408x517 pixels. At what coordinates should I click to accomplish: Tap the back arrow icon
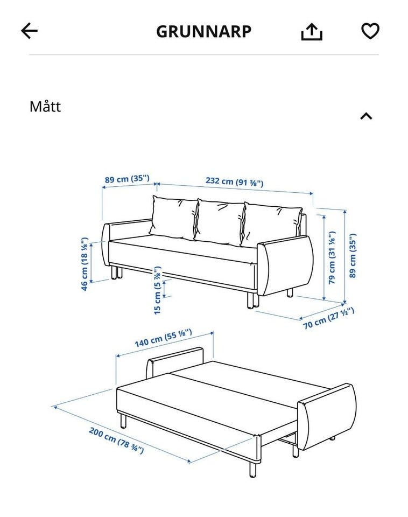click(29, 31)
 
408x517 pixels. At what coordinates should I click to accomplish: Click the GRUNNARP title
click(203, 32)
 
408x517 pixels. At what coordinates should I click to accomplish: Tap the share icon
click(312, 32)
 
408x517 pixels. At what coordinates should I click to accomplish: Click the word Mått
click(45, 106)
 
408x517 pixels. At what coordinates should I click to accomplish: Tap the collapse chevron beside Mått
click(366, 116)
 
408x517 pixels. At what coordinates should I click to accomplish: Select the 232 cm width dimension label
click(234, 181)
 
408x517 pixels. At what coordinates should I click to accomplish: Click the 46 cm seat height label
click(85, 264)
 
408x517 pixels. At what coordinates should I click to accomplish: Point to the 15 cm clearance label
click(158, 290)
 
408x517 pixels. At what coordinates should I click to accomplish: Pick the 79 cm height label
click(332, 257)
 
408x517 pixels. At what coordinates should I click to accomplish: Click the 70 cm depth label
click(328, 318)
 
